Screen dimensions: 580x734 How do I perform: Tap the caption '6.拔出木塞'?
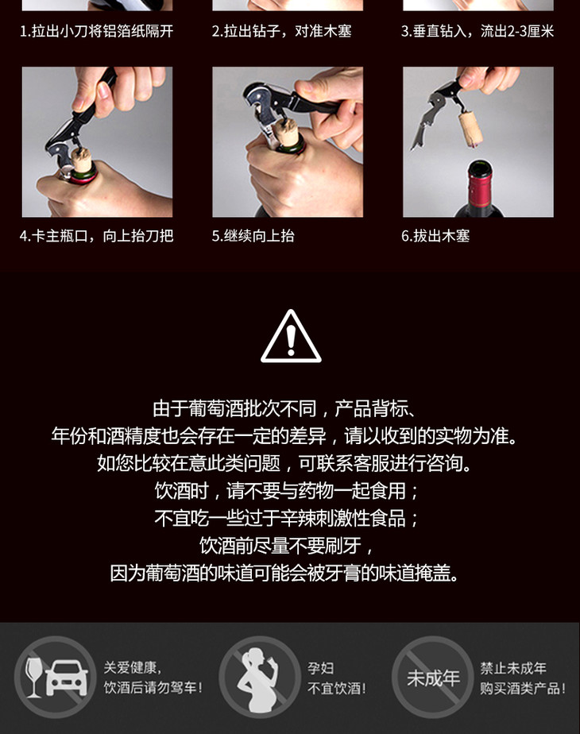click(x=435, y=235)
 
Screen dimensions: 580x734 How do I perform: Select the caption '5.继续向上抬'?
click(x=253, y=235)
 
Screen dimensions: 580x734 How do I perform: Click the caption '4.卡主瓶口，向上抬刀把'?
click(x=96, y=235)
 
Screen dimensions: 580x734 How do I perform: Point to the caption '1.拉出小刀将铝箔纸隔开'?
click(x=96, y=31)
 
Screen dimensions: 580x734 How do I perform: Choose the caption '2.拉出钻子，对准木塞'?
click(x=281, y=31)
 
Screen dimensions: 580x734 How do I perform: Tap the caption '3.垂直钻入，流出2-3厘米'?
click(x=478, y=31)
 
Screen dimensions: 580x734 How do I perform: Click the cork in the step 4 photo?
click(x=81, y=160)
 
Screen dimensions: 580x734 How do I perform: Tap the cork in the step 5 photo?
click(x=287, y=133)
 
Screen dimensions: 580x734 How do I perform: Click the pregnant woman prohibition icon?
click(x=260, y=677)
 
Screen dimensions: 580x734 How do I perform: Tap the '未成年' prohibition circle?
click(x=432, y=677)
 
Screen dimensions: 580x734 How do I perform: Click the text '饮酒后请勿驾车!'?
click(x=153, y=688)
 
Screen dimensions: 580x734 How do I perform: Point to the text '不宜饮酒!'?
click(x=337, y=688)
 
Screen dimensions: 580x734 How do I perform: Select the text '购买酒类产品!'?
click(x=523, y=688)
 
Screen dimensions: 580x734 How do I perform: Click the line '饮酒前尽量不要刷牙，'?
click(x=287, y=546)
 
